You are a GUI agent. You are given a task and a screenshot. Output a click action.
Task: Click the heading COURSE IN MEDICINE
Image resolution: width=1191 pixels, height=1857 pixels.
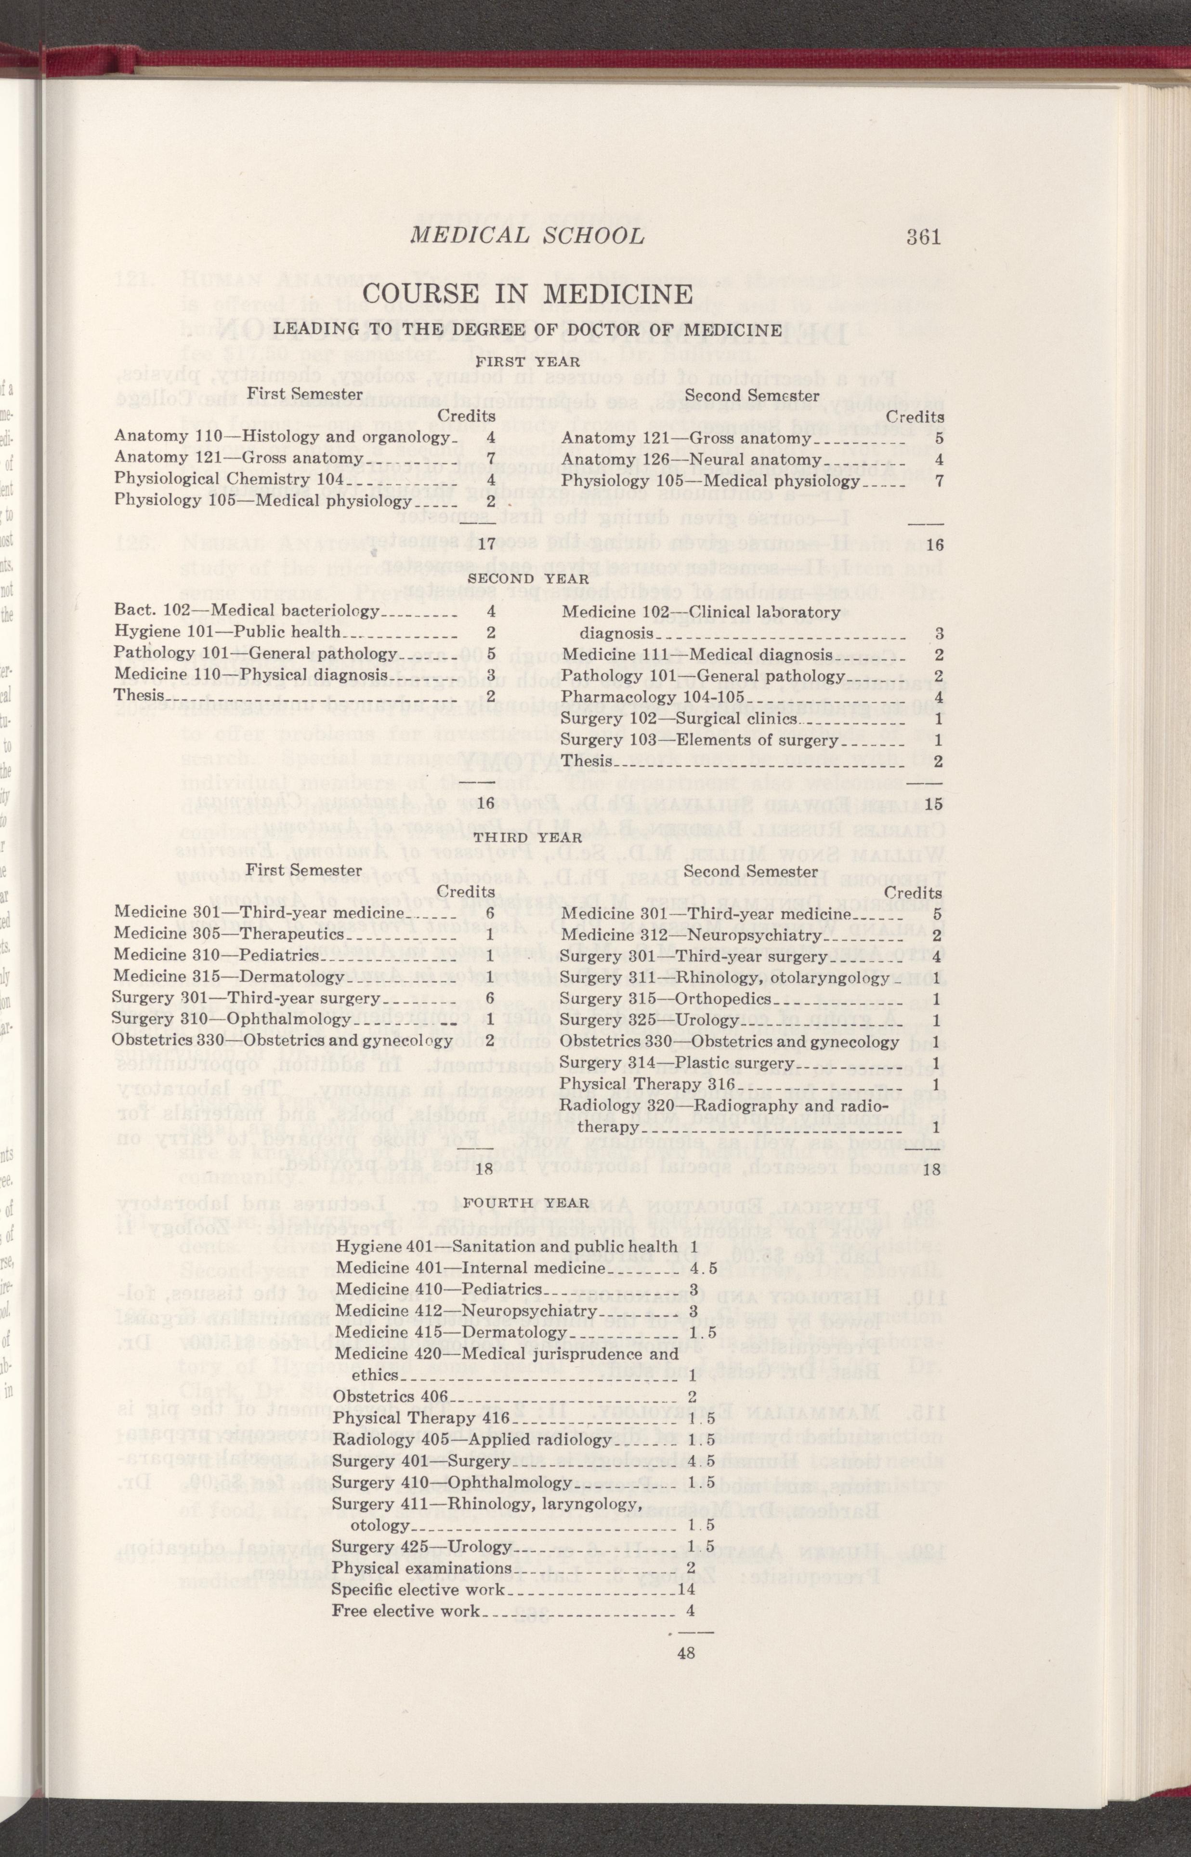point(527,295)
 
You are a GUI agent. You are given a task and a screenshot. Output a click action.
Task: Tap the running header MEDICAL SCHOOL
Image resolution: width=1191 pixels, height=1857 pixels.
point(527,236)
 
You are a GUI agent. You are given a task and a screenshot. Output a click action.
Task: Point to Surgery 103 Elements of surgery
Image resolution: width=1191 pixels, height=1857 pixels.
point(700,740)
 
